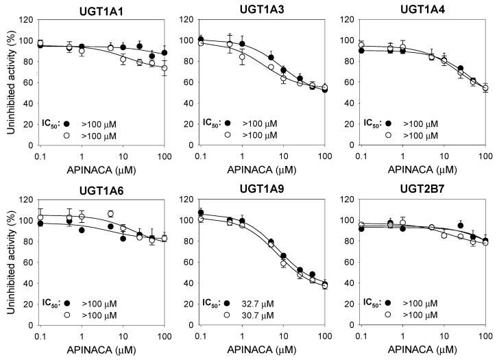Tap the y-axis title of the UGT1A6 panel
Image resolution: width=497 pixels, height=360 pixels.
(9, 261)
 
